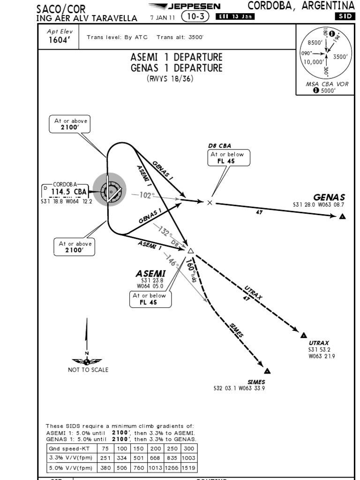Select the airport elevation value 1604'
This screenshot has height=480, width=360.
tap(59, 40)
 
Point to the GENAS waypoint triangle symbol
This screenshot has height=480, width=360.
tap(343, 217)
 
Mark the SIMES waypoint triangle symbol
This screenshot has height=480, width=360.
tap(267, 371)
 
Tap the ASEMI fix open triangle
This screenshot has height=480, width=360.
tap(190, 250)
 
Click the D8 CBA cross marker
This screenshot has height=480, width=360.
tap(210, 202)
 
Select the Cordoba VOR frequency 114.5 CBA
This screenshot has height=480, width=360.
tap(68, 192)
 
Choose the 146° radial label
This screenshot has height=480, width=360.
tap(171, 262)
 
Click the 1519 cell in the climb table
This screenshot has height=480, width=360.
tap(188, 467)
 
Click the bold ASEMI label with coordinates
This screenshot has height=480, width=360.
tap(150, 273)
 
